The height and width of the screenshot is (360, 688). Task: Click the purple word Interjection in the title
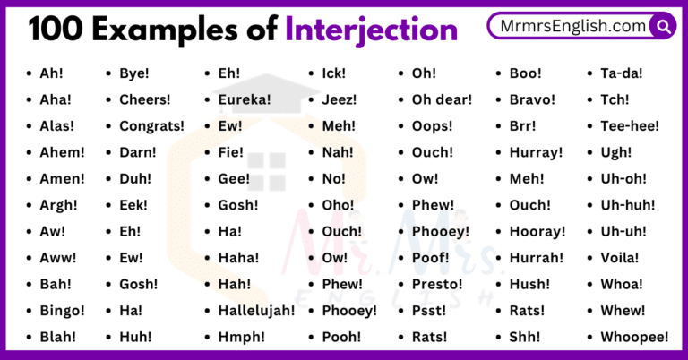[371, 30]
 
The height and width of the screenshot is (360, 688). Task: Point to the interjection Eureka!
[245, 99]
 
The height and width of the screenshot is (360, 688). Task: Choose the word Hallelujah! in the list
[256, 311]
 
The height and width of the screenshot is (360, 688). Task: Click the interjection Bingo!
[62, 311]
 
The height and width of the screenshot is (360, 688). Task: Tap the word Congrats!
[151, 126]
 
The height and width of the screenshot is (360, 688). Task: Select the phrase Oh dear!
[442, 99]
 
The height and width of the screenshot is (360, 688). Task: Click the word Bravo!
[533, 99]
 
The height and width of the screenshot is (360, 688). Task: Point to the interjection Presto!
[437, 284]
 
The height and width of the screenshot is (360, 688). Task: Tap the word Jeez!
[340, 99]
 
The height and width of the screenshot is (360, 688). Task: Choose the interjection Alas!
[57, 126]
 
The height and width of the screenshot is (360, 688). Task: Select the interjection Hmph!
[243, 337]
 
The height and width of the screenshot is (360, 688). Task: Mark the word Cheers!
[146, 99]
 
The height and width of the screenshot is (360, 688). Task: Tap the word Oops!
[433, 126]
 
